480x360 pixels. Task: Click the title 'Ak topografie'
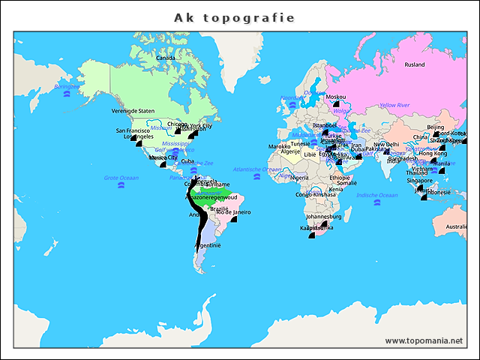click(234, 17)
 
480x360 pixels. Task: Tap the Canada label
click(165, 57)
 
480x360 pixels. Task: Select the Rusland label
click(415, 65)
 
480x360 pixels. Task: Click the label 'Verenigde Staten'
click(133, 111)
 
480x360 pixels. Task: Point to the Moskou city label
click(336, 97)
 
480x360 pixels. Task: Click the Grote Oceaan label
click(121, 178)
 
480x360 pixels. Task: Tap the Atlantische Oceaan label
click(257, 169)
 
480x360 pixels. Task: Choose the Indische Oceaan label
click(376, 195)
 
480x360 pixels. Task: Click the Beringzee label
click(67, 87)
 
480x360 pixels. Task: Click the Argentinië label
click(207, 245)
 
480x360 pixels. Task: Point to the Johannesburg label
click(324, 217)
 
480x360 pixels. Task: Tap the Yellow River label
click(394, 106)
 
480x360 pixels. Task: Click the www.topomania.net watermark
click(424, 340)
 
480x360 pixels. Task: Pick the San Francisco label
click(133, 130)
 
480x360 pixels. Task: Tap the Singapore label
click(420, 181)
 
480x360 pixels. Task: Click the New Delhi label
click(386, 145)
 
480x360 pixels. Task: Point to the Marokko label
click(279, 146)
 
